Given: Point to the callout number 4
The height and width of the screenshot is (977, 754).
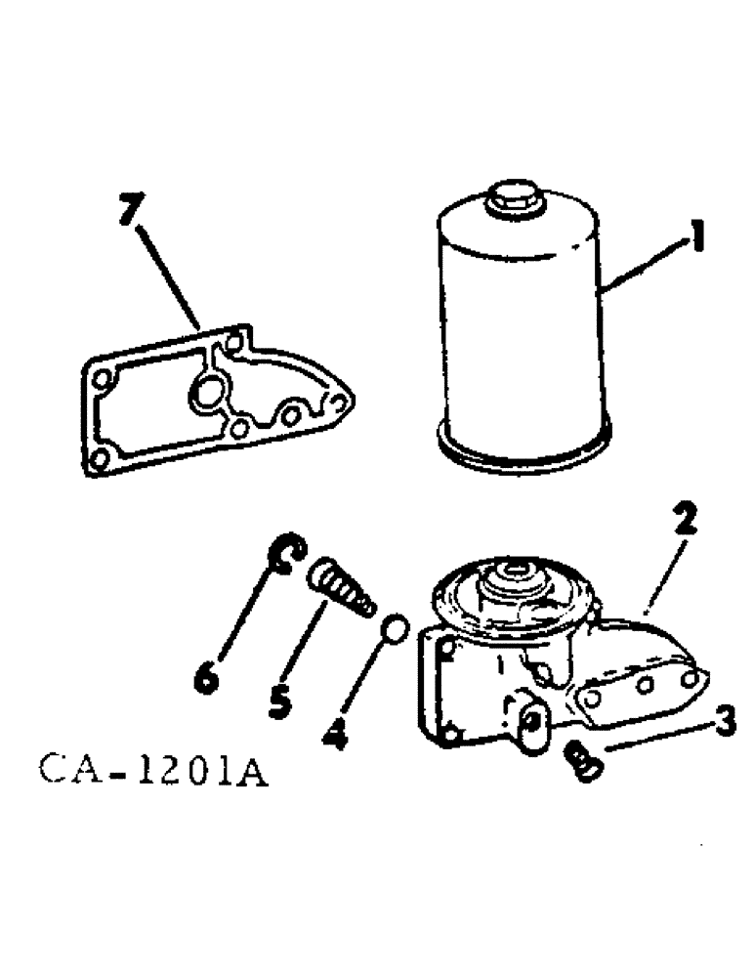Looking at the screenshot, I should click(x=335, y=734).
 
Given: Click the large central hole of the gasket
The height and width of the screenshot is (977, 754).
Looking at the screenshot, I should click(x=207, y=395).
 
